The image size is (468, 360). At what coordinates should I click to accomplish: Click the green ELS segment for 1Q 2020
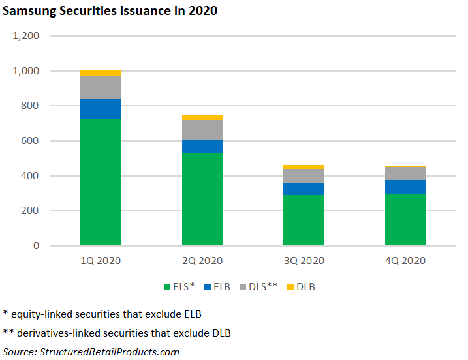(101, 182)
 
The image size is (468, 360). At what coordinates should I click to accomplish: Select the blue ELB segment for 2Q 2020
(202, 146)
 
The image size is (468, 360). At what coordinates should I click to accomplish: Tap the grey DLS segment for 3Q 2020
(304, 176)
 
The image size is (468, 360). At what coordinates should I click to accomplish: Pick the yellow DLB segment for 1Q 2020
(101, 73)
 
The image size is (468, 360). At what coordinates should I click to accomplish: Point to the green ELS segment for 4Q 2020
(405, 220)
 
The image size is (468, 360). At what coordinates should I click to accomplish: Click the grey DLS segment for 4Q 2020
(405, 173)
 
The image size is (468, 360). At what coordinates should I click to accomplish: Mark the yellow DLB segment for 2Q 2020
(202, 117)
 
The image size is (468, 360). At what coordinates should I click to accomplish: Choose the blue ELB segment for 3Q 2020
(304, 189)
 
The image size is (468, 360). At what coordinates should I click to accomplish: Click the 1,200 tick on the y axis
(27, 36)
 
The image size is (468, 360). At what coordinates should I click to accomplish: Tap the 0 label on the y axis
(37, 246)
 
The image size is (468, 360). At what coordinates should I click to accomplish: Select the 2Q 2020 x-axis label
(202, 261)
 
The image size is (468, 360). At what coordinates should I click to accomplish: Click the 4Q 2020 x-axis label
(405, 261)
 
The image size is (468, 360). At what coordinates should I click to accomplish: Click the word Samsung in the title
(27, 11)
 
